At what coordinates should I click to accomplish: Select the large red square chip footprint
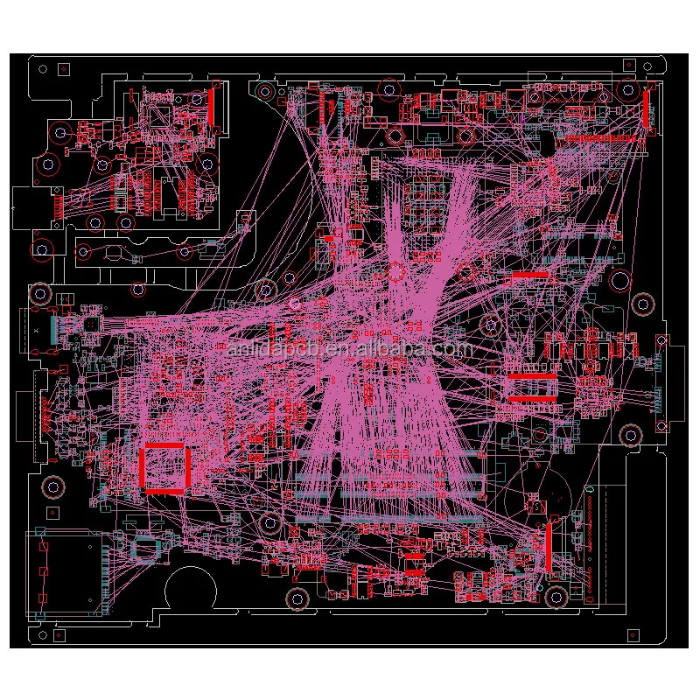click(164, 467)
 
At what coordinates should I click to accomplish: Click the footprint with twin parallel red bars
click(532, 388)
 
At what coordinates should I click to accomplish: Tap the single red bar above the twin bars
click(531, 276)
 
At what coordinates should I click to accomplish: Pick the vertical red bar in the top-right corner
click(648, 108)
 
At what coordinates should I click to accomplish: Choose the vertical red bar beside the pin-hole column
click(549, 547)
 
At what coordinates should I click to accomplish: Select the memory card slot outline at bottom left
click(66, 573)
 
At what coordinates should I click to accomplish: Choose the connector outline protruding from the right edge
click(663, 384)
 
